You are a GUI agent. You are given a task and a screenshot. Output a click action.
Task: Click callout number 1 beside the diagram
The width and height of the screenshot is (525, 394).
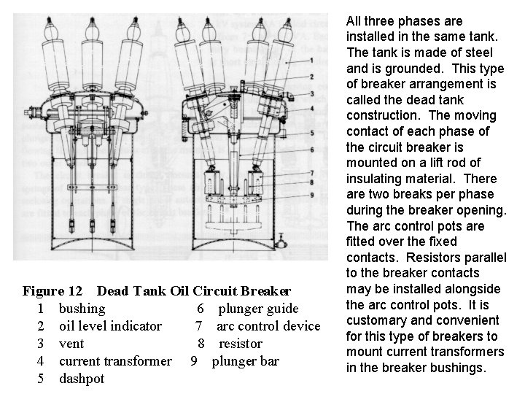(x=311, y=61)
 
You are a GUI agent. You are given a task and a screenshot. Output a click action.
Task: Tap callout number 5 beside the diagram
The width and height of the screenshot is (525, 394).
(x=311, y=133)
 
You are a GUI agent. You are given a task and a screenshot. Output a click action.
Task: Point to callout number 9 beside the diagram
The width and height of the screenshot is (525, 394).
(x=311, y=195)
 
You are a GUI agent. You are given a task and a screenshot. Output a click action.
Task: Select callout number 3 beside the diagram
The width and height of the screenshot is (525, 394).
(x=311, y=94)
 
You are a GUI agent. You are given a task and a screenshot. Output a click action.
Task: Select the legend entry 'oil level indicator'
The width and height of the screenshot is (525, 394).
(x=109, y=326)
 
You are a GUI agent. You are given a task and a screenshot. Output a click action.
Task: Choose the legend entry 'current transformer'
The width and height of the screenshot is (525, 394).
(x=115, y=361)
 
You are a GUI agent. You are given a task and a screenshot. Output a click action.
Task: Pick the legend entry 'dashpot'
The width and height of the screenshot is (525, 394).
(x=82, y=379)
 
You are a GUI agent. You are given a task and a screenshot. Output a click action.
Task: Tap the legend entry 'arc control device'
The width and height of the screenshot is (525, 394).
(x=268, y=326)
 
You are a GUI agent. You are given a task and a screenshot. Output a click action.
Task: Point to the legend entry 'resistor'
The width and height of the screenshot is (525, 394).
(x=240, y=344)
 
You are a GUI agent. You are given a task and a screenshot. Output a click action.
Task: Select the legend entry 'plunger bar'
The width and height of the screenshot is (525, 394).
(x=245, y=361)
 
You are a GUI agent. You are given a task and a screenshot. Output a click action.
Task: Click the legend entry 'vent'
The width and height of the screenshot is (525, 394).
(x=71, y=344)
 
